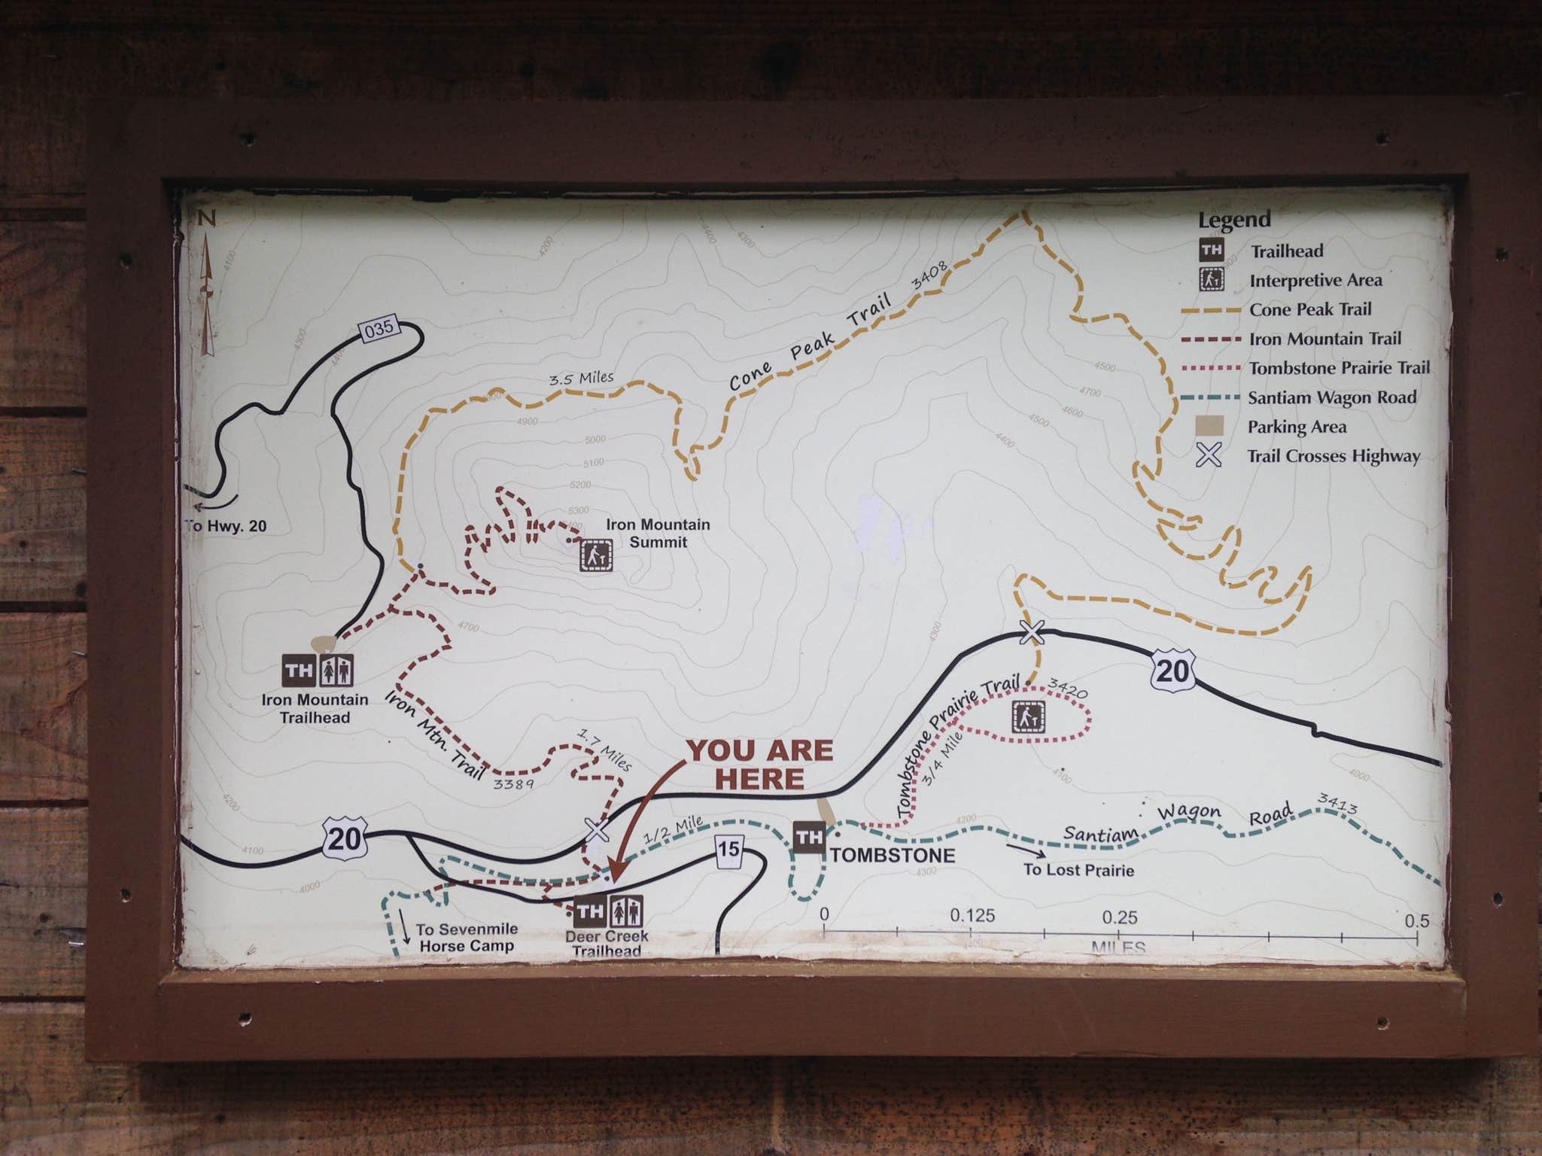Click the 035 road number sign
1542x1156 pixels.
click(378, 329)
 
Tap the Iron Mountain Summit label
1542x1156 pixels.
click(658, 533)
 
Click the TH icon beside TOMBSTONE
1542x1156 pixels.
click(809, 837)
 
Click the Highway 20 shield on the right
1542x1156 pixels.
click(1172, 670)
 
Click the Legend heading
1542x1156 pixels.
click(1234, 220)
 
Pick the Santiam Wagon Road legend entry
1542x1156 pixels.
click(1332, 397)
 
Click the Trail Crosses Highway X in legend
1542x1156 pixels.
click(1209, 455)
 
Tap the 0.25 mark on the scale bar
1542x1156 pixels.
click(1119, 917)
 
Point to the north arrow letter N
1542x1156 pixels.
click(207, 219)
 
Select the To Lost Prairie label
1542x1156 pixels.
click(1078, 870)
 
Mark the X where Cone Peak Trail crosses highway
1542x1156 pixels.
click(1032, 632)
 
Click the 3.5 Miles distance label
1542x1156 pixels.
click(581, 378)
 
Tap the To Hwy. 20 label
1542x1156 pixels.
click(227, 526)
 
